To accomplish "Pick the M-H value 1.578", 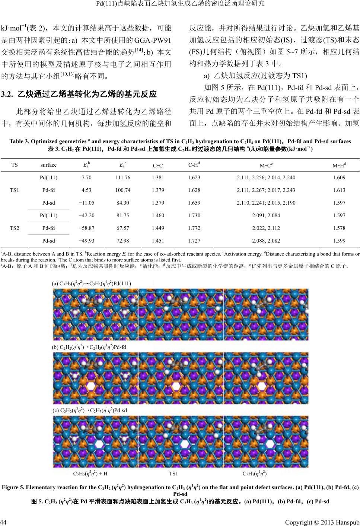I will click(339, 228).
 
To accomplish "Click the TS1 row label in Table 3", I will click(15, 190).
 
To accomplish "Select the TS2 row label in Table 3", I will click(15, 228).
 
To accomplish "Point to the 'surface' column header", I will click(48, 165).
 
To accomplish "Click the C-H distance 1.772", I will click(194, 228).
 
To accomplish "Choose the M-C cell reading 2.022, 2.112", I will click(266, 228).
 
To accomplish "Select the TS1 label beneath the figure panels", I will click(174, 474).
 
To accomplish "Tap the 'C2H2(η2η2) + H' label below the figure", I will click(90, 474).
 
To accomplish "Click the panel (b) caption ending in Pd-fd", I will click(89, 347).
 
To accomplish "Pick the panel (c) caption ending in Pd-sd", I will click(90, 410).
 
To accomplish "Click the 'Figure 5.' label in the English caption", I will click(14, 487).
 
